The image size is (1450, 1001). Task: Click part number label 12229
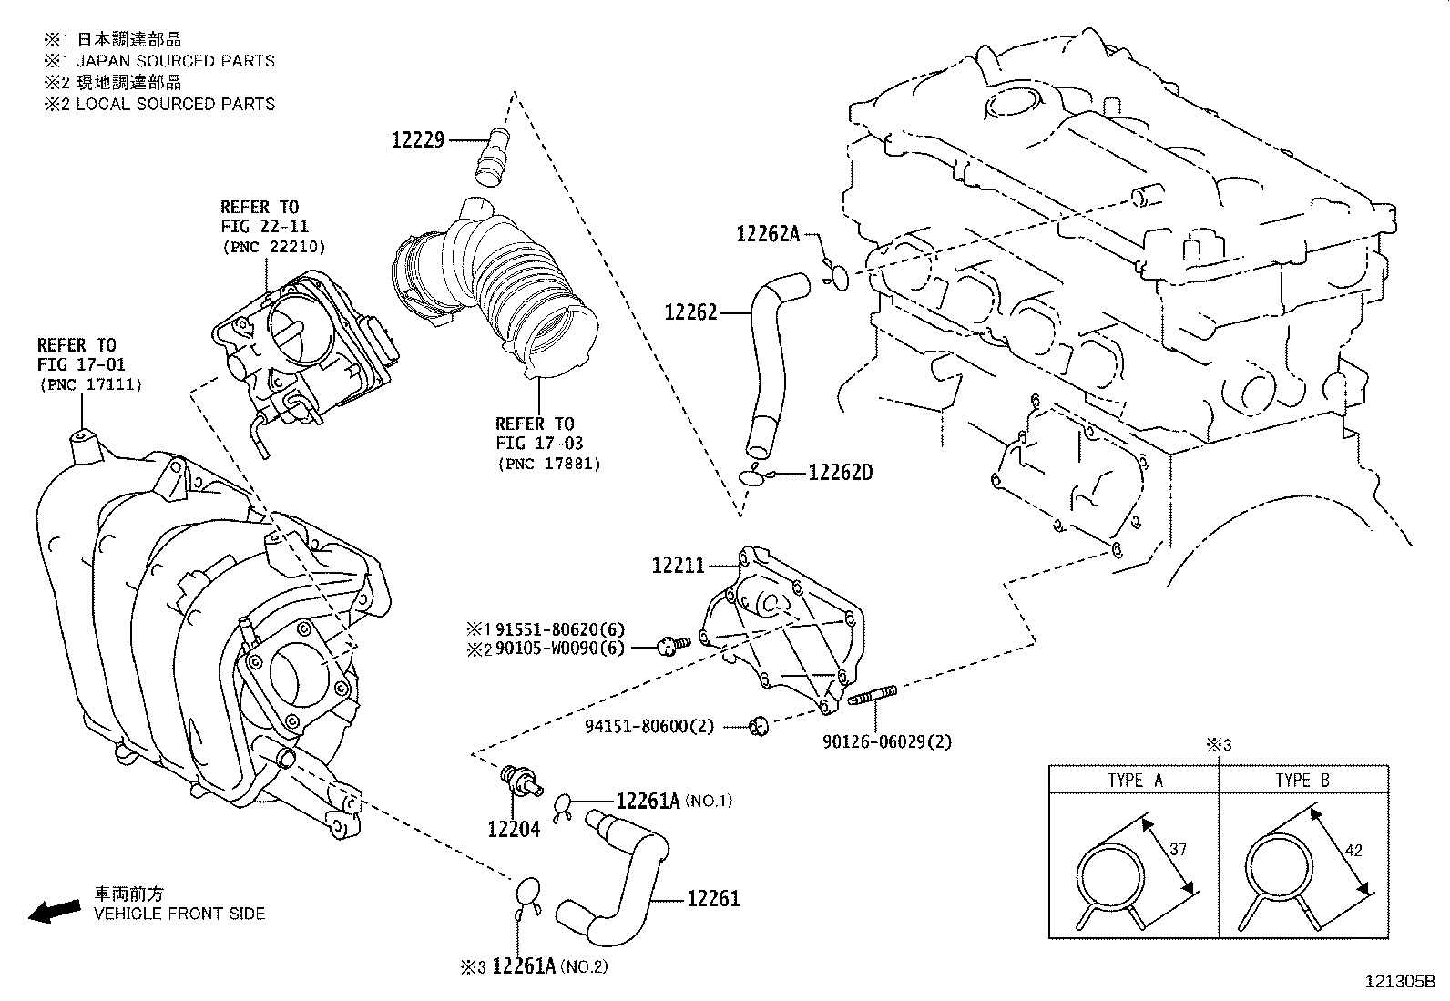tap(418, 139)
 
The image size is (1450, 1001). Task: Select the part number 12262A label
tap(767, 234)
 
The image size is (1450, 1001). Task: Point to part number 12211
tap(679, 566)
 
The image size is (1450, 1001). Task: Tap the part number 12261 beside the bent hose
tap(713, 899)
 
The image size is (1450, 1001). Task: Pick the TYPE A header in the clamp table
tap(1135, 780)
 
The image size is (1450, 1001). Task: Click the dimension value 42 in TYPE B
tap(1353, 850)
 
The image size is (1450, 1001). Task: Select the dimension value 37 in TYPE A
tap(1178, 849)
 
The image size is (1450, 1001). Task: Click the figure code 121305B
tap(1399, 982)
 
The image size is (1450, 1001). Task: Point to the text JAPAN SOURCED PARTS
tap(175, 61)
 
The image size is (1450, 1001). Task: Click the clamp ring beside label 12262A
tap(840, 277)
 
